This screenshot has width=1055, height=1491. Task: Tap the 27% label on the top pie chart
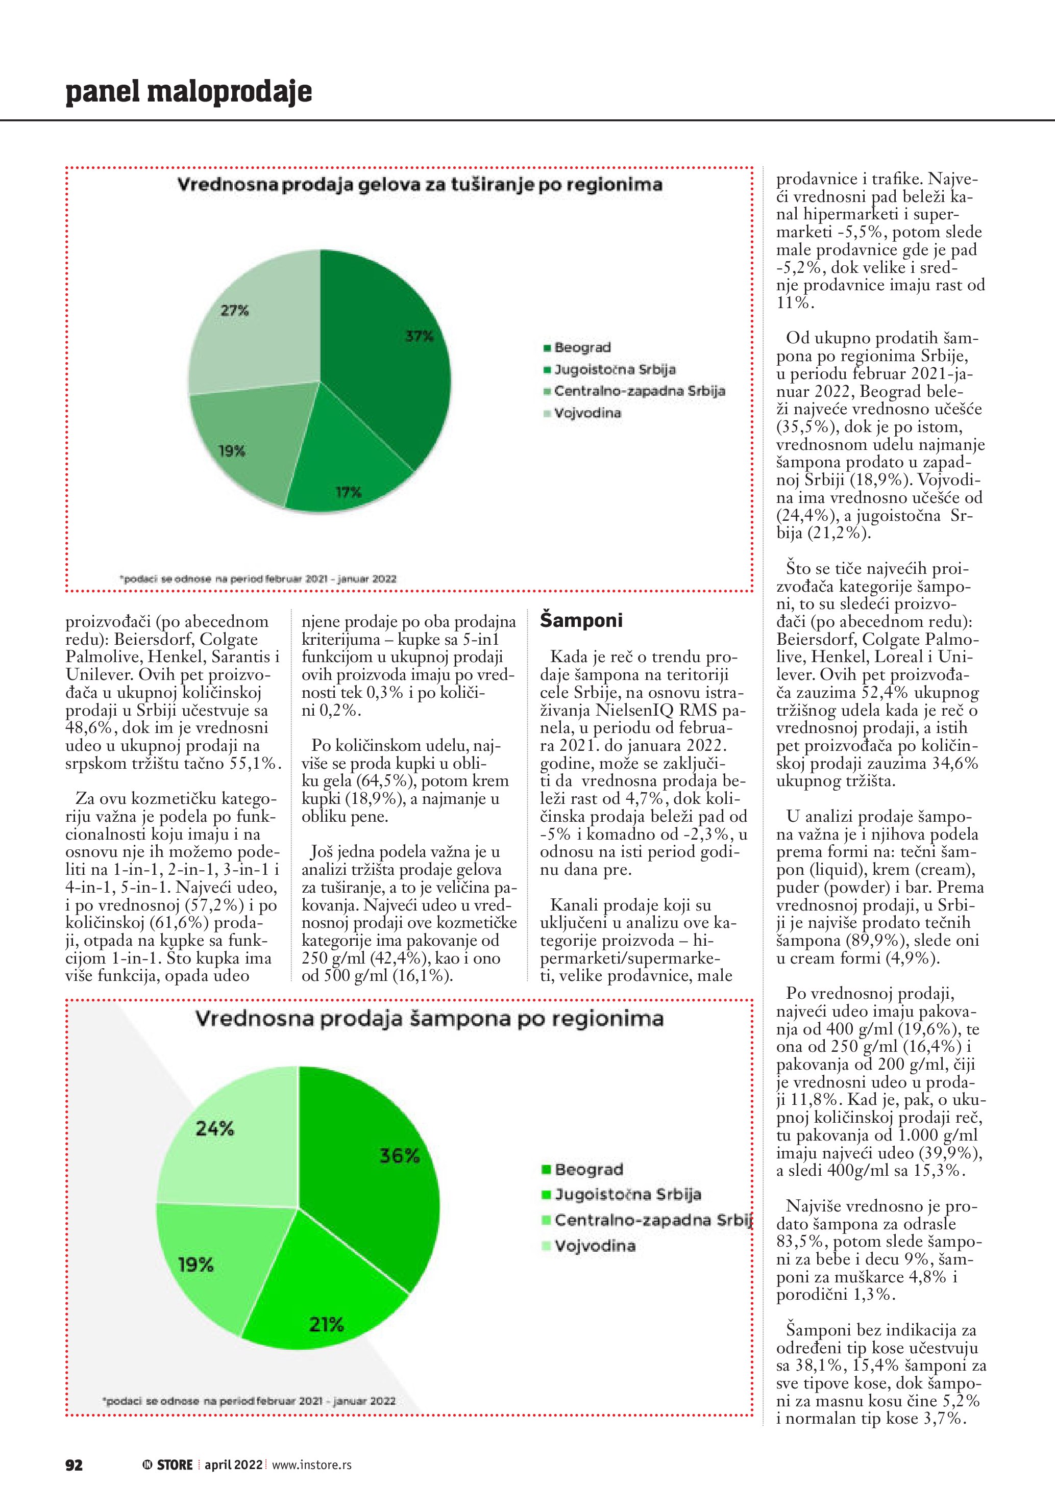tap(234, 311)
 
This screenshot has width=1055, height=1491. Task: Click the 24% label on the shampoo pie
tap(215, 1129)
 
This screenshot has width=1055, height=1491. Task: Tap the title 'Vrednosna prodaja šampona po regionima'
tap(429, 1018)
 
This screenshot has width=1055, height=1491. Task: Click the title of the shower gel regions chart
tap(420, 185)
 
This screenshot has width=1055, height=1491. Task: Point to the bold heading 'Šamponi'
tap(581, 620)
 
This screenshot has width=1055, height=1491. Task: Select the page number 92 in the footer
tap(74, 1464)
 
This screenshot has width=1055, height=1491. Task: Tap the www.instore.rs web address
tap(312, 1464)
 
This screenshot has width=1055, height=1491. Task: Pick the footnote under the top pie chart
tap(258, 578)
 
